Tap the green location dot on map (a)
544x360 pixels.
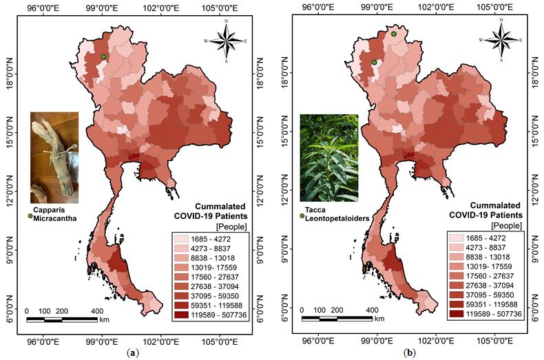pyautogui.click(x=103, y=56)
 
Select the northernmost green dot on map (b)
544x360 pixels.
pyautogui.click(x=393, y=34)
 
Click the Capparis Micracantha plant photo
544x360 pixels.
pyautogui.click(x=54, y=158)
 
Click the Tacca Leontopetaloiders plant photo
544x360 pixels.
pyautogui.click(x=328, y=158)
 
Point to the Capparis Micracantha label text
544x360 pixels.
pyautogui.click(x=54, y=215)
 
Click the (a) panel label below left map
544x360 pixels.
pyautogui.click(x=135, y=353)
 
